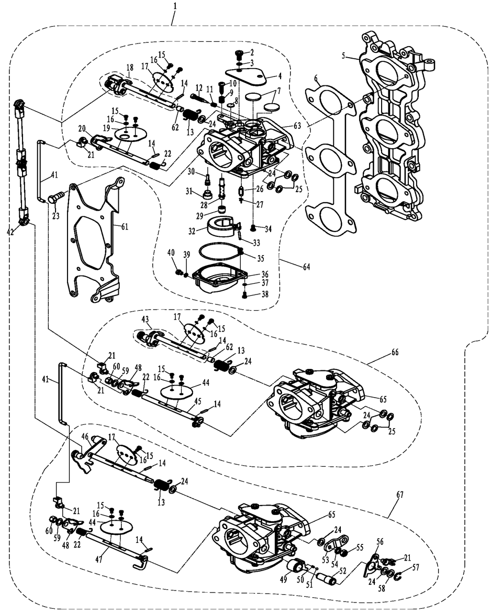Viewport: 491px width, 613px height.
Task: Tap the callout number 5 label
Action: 343,56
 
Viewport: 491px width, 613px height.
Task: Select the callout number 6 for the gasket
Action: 317,79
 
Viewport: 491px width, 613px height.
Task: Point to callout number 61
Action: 125,227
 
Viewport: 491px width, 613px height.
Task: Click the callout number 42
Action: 10,232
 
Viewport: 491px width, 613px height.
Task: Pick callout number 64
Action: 306,267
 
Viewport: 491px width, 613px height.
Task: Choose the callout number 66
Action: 395,352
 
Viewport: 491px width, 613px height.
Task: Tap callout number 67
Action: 399,495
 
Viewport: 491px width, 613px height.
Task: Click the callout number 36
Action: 265,274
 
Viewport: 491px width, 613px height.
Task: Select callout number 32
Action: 192,231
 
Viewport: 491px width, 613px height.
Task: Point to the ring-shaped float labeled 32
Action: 221,226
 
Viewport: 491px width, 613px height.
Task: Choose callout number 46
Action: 85,436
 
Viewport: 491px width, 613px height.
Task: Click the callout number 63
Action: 297,126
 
